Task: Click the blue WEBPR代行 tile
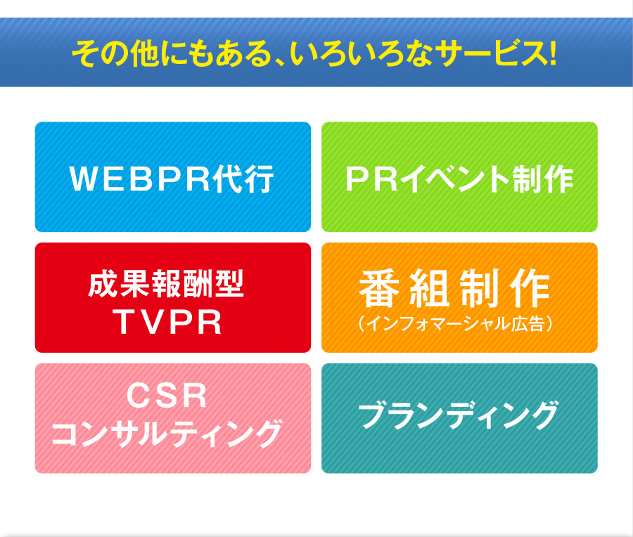173,176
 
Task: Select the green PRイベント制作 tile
459,176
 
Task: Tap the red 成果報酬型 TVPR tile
173,297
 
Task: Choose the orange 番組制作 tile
459,297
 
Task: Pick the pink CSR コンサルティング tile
173,418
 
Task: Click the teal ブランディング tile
459,418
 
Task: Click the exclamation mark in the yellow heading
552,53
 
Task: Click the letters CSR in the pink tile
167,396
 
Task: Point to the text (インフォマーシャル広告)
455,323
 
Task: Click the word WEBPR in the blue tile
140,179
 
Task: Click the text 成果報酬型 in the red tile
166,284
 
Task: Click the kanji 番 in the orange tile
378,288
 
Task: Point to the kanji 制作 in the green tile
542,179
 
